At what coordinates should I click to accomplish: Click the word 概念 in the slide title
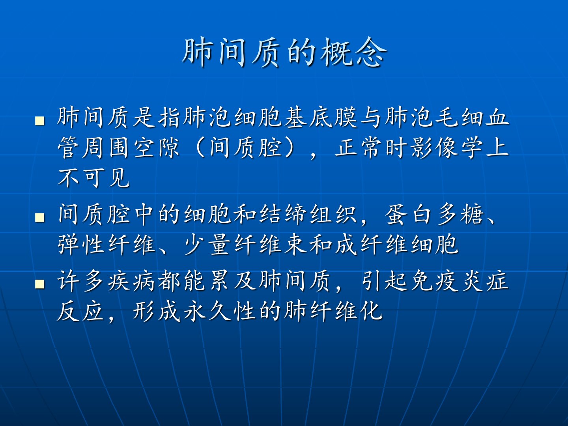[x=353, y=52]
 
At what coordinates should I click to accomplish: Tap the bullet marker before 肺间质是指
[x=39, y=120]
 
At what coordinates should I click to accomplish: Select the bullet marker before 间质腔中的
[x=39, y=217]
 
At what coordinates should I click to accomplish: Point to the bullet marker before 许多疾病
[x=39, y=284]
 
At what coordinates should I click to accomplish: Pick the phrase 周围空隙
[x=131, y=148]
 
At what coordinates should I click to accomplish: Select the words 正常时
[x=370, y=148]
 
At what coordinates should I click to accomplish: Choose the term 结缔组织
[x=308, y=214]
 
